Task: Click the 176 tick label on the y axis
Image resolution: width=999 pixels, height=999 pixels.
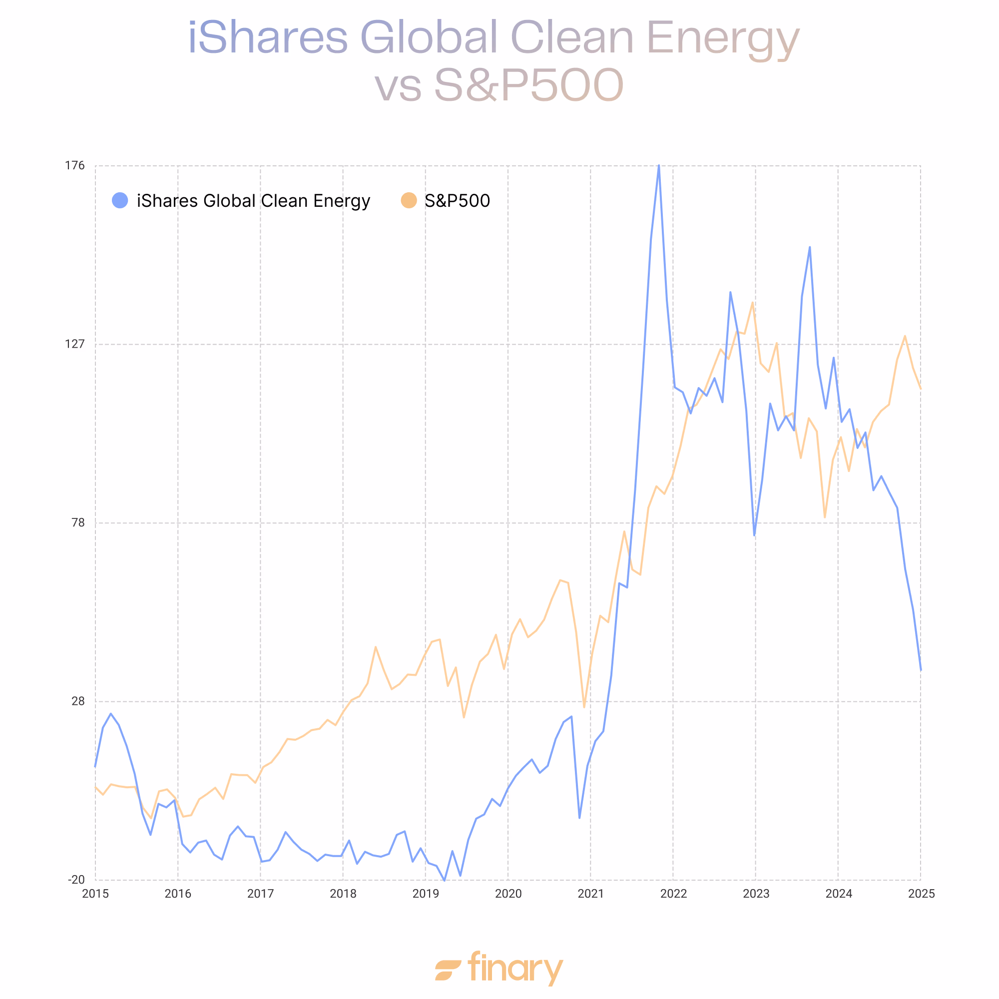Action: [74, 165]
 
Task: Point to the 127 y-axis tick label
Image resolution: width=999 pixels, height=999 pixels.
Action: [74, 344]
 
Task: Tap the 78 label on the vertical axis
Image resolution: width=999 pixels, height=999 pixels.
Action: [77, 522]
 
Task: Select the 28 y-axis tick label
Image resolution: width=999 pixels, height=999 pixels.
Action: [77, 701]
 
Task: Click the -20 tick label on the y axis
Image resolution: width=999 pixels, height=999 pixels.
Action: [76, 880]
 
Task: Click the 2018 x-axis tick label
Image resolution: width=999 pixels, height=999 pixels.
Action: [343, 894]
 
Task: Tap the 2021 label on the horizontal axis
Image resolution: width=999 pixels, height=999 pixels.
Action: [590, 894]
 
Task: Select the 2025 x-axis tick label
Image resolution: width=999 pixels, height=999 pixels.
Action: [921, 894]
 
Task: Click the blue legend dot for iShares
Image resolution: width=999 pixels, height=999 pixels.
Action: [120, 201]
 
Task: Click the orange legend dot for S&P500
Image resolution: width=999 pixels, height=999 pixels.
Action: [409, 201]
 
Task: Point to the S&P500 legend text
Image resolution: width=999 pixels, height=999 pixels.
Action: [457, 201]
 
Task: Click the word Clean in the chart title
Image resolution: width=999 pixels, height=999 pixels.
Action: [572, 37]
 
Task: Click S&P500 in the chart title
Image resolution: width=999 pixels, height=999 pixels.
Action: [528, 85]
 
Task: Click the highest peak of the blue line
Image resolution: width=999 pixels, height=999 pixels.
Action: [659, 165]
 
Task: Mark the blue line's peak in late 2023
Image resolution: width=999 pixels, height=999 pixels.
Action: [810, 247]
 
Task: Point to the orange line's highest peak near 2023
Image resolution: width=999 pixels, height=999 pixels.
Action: [752, 303]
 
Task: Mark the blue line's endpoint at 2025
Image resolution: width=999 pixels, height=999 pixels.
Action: [921, 671]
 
